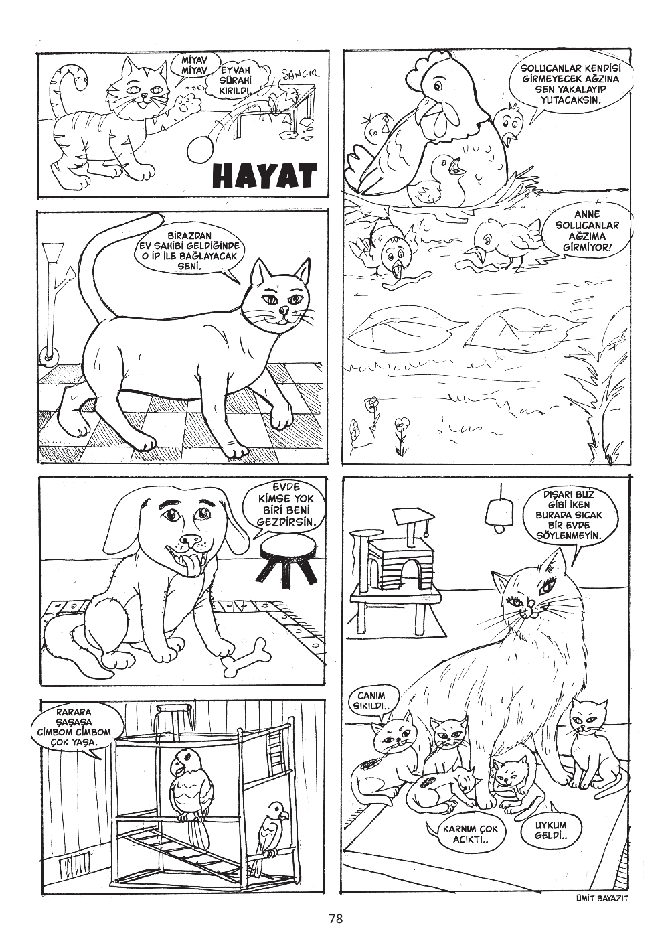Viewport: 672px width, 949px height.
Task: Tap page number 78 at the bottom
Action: pyautogui.click(x=336, y=919)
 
